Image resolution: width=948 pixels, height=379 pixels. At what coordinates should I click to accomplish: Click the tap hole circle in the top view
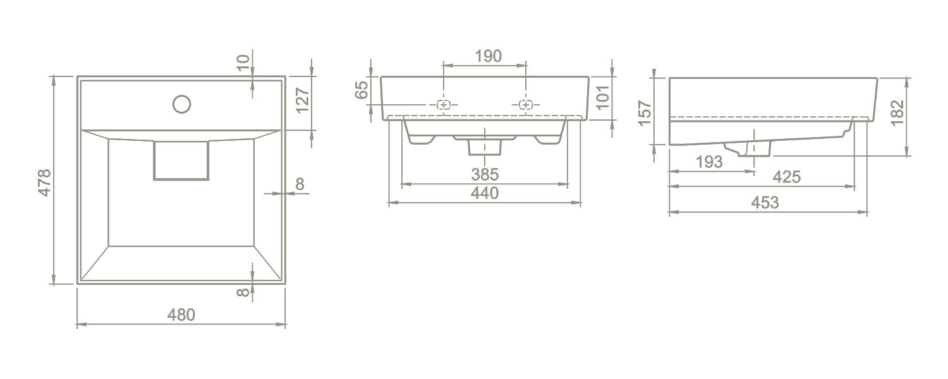click(181, 104)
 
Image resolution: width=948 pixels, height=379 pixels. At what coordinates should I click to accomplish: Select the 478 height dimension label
click(44, 183)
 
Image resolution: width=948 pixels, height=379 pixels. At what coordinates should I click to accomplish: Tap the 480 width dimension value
click(181, 315)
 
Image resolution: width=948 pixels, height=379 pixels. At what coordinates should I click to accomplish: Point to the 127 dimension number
click(303, 100)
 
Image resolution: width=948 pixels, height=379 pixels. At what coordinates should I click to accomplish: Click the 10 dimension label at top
click(243, 63)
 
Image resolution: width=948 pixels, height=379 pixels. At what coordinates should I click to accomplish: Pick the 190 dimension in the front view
click(489, 56)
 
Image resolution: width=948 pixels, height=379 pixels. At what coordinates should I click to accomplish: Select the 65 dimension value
click(362, 90)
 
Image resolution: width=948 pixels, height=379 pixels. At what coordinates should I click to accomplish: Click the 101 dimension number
click(602, 97)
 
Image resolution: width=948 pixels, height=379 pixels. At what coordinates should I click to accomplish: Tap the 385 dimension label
click(485, 174)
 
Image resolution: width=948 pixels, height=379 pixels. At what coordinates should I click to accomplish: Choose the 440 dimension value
click(485, 193)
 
